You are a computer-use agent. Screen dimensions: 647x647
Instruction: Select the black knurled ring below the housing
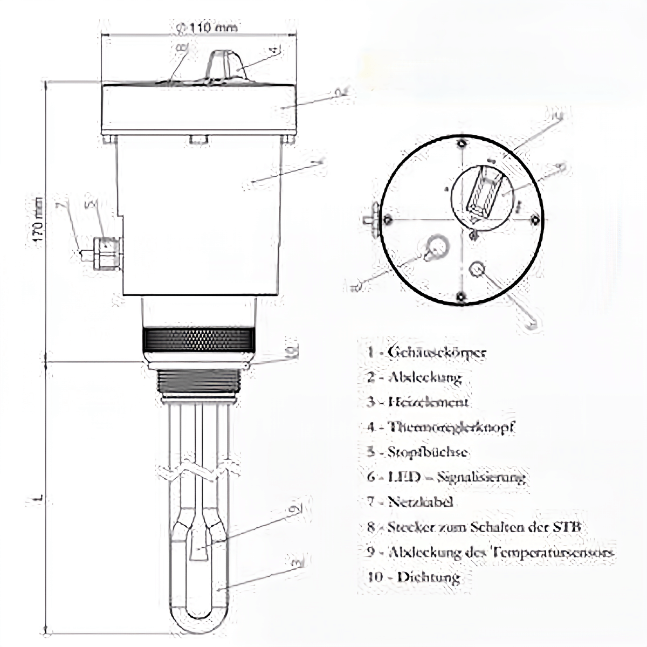198,340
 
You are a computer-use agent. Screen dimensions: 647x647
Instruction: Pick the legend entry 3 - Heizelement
418,402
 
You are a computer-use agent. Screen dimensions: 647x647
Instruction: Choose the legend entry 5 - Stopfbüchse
417,452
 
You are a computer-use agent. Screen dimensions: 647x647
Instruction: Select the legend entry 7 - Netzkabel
410,501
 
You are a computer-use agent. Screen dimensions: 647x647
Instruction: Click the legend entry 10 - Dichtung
413,577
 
